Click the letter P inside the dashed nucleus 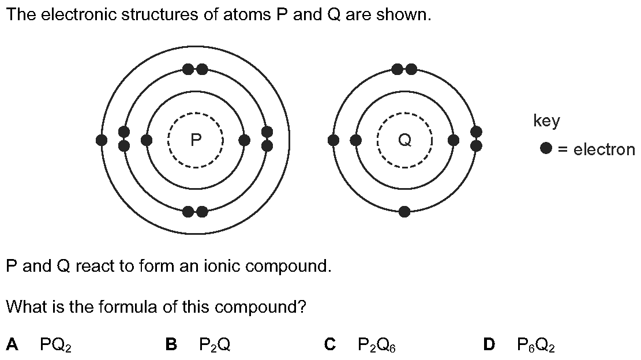tap(196, 140)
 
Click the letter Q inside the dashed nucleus tap(405, 140)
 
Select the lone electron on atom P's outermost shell tap(102, 140)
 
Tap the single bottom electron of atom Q tap(404, 212)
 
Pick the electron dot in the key tap(546, 148)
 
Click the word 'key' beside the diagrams tap(546, 121)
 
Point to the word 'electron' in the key tap(604, 149)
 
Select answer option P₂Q tap(215, 345)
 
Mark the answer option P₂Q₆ tap(376, 345)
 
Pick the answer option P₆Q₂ tap(536, 345)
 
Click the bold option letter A tap(12, 344)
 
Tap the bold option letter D tap(489, 344)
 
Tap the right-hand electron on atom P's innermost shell tap(244, 140)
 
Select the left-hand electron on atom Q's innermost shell tap(356, 140)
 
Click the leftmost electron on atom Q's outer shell tap(333, 140)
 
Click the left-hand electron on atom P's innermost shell tap(147, 140)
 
